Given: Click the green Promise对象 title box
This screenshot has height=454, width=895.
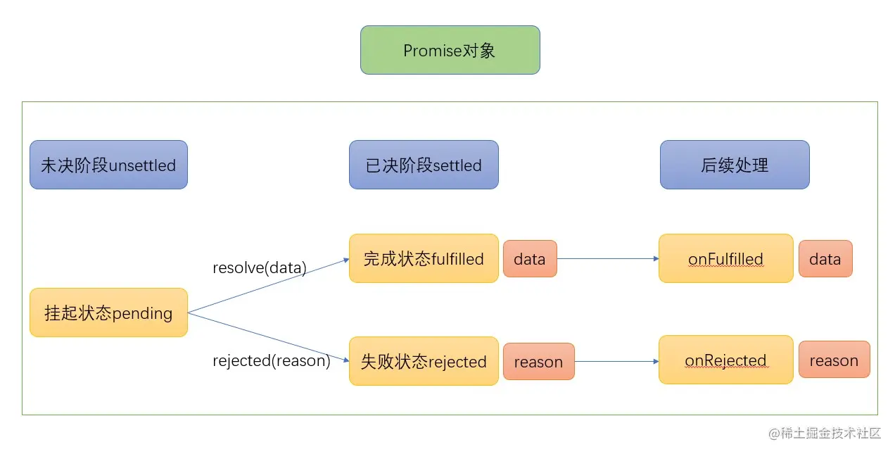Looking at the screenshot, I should click(x=450, y=50).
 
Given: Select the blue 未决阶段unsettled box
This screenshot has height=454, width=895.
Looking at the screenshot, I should click(x=108, y=165).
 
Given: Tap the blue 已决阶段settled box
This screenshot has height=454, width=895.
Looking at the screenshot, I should click(x=424, y=165).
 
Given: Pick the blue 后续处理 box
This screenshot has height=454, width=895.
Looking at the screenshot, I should click(x=734, y=165).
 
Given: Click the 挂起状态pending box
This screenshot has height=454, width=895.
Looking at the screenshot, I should click(x=108, y=313).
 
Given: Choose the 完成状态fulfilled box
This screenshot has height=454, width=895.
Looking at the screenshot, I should click(x=424, y=258).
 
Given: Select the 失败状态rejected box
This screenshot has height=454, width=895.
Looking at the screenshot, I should click(x=424, y=361).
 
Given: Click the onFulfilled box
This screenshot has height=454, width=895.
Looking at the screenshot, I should click(x=725, y=258).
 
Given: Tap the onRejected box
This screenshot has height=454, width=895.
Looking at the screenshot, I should click(x=725, y=360).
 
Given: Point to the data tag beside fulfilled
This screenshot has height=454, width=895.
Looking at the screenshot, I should click(x=529, y=258).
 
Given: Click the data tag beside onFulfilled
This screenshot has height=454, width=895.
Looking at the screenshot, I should click(x=825, y=258).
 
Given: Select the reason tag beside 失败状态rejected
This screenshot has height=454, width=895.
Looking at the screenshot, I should click(x=538, y=362).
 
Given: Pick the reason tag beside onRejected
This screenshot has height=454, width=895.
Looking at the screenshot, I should click(x=834, y=360).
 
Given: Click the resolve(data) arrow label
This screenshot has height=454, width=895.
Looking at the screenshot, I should click(x=260, y=268).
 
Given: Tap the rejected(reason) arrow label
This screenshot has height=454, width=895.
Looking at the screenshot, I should click(x=271, y=360).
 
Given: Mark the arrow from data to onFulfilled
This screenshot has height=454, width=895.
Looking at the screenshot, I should click(x=607, y=258).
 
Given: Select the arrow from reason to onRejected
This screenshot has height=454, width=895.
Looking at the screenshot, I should click(x=616, y=362).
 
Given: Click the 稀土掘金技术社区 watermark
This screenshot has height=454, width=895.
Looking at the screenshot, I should click(x=825, y=433).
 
